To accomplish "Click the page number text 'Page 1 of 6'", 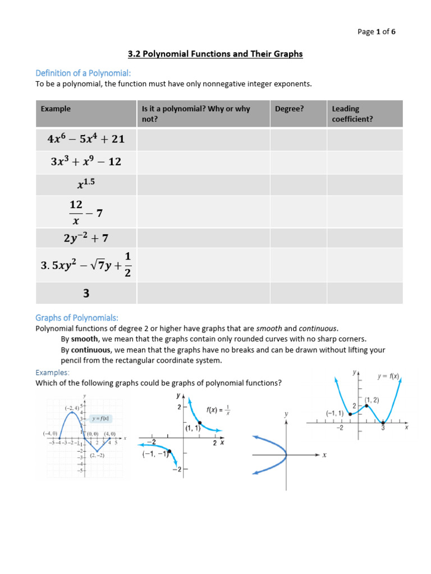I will coord(376,32).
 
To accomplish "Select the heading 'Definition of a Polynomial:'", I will coord(83,73).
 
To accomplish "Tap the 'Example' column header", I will coord(56,109).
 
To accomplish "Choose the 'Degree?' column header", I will coord(289,109).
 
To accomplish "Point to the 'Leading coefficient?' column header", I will coord(352,114).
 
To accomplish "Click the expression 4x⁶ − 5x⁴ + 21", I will coord(86,140).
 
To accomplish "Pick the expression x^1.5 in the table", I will coord(86,184).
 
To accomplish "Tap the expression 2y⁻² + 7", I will coord(86,238).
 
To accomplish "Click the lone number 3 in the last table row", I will coord(86,293).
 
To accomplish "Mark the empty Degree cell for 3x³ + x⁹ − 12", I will coord(298,162).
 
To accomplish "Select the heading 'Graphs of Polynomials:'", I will coord(77,317).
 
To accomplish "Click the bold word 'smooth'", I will coord(85,339).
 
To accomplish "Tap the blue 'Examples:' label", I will coord(53,372).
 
